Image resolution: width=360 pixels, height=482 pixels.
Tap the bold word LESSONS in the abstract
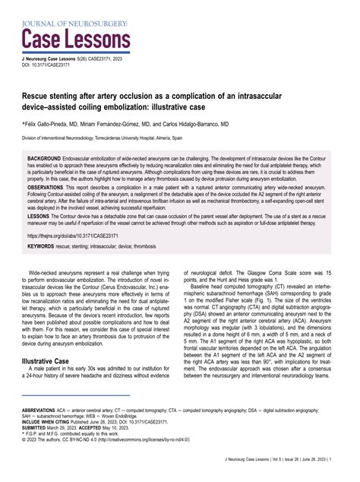39,215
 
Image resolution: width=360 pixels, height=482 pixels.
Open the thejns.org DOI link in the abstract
68,236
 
